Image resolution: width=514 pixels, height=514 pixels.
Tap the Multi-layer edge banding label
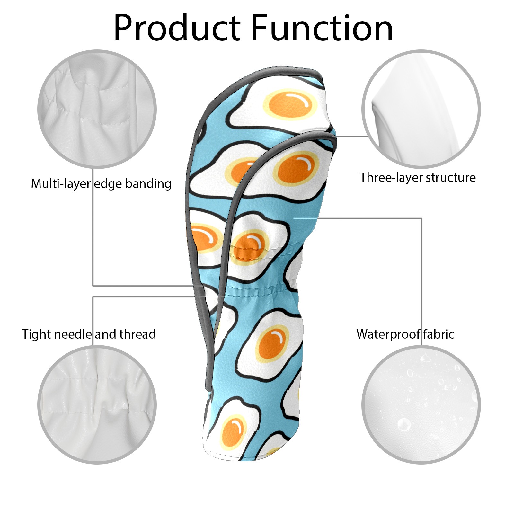point(101,184)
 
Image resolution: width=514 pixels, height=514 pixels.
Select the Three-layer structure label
point(417,177)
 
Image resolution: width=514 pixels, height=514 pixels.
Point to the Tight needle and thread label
point(89,334)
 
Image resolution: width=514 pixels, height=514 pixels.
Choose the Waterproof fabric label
point(405,334)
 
